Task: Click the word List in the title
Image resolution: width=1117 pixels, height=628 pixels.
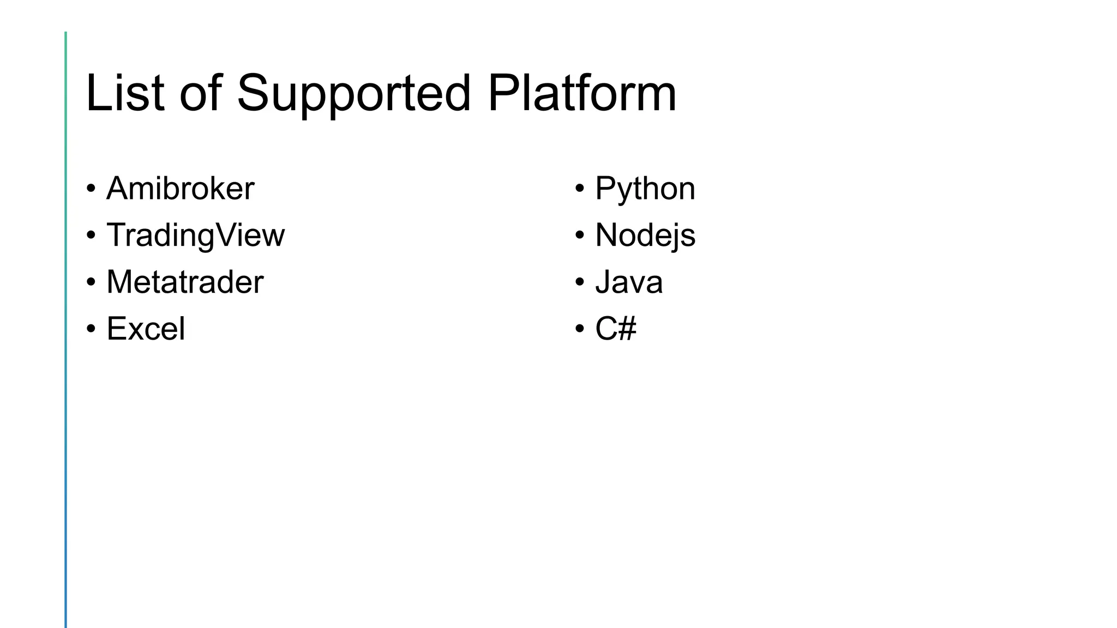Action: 125,93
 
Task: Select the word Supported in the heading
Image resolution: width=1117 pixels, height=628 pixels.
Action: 353,93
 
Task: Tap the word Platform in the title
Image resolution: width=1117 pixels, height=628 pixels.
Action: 582,93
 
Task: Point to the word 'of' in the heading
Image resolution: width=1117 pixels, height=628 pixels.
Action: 201,93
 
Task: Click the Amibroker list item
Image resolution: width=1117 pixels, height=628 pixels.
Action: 180,189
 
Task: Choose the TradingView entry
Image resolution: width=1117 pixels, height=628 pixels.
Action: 195,235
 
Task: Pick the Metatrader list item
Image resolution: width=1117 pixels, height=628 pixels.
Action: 185,282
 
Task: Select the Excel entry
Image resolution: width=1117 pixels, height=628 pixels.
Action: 146,329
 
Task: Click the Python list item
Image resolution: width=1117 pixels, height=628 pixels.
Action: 645,189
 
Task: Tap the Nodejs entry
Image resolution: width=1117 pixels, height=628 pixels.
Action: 645,235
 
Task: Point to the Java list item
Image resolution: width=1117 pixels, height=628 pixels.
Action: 629,282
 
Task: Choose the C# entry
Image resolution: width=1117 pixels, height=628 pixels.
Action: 616,329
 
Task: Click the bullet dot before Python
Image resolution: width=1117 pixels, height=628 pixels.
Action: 580,189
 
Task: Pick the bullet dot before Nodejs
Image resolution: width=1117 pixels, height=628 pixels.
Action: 580,236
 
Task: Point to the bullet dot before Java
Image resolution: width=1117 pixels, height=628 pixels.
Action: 580,283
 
